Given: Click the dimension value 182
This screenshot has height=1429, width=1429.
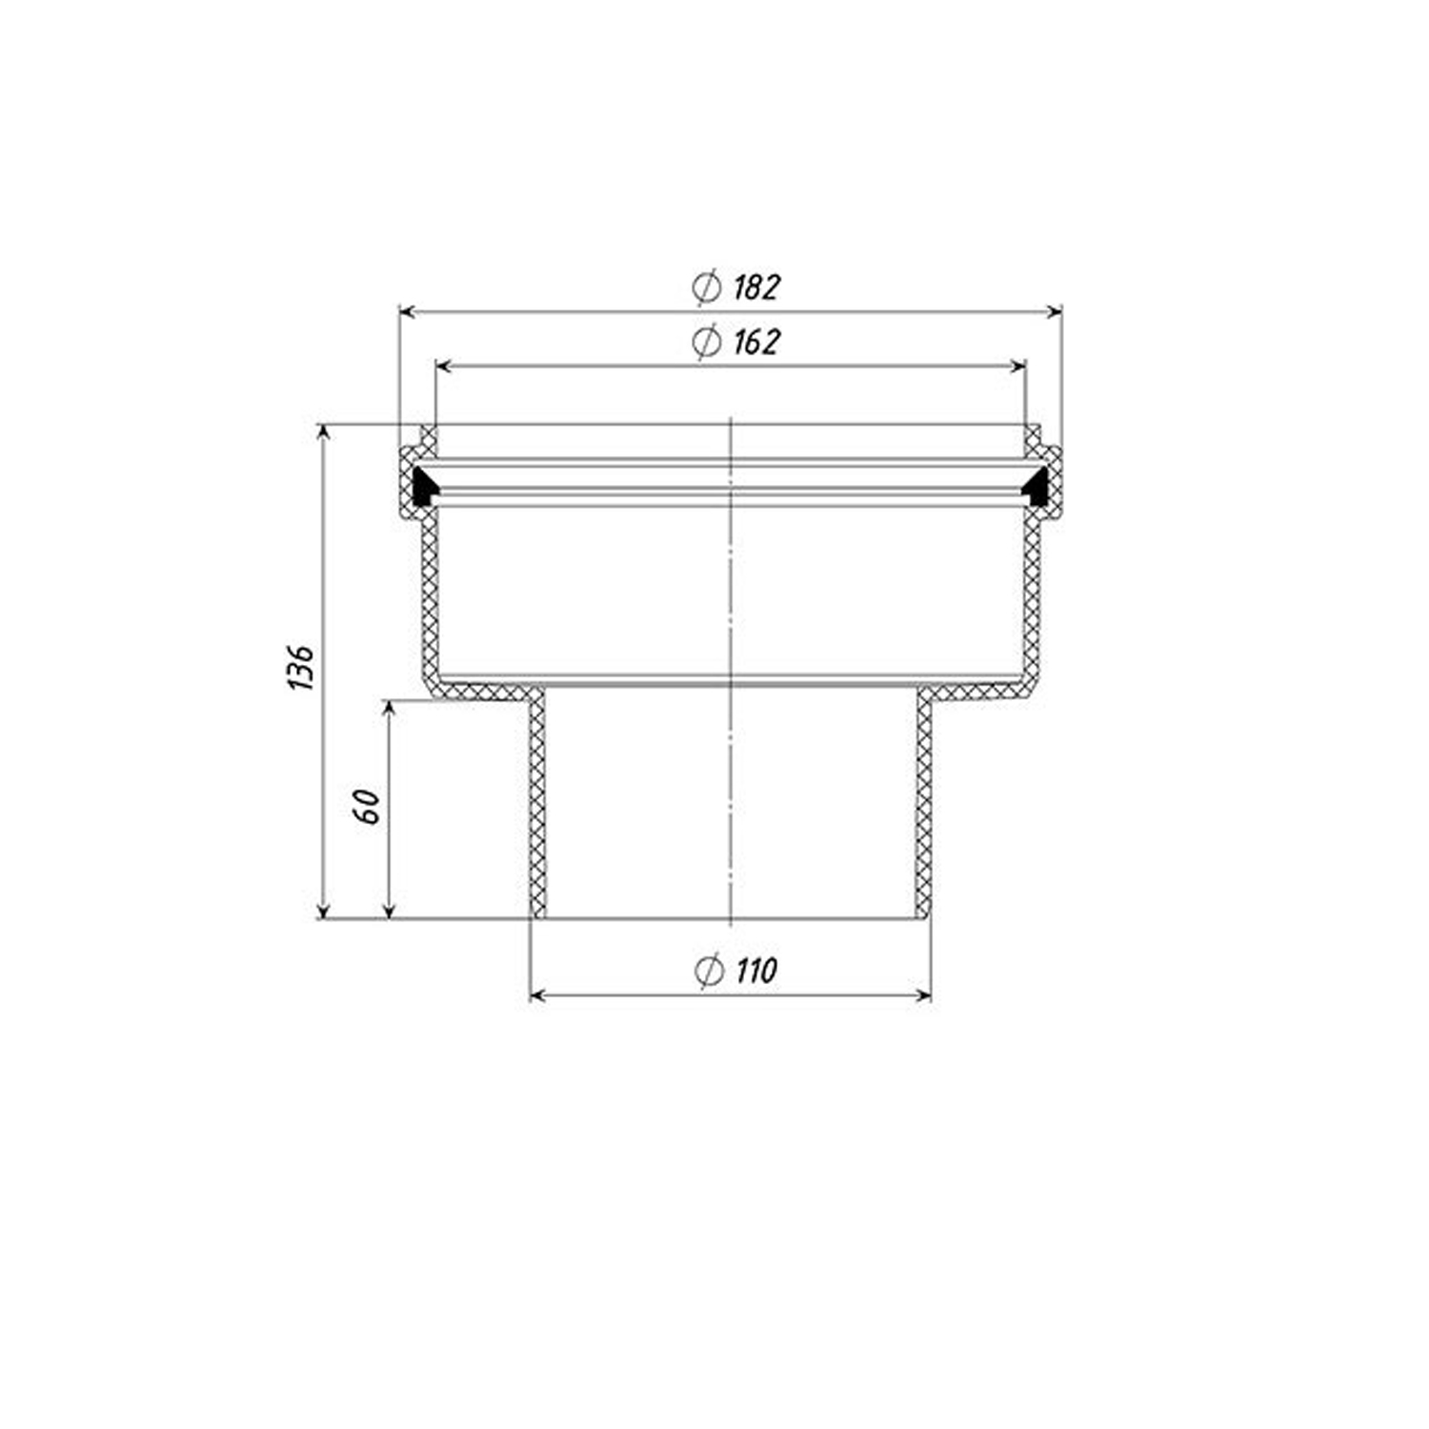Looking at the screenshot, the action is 756,287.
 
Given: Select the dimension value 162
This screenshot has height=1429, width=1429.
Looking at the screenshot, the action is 756,341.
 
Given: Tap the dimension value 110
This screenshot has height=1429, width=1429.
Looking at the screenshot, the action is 756,970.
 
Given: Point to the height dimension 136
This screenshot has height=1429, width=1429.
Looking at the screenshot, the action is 301,667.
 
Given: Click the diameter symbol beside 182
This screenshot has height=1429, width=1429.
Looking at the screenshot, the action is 707,287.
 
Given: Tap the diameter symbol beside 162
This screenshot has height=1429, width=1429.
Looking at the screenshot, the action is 707,341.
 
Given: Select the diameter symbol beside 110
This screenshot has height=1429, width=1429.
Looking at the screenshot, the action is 709,970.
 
